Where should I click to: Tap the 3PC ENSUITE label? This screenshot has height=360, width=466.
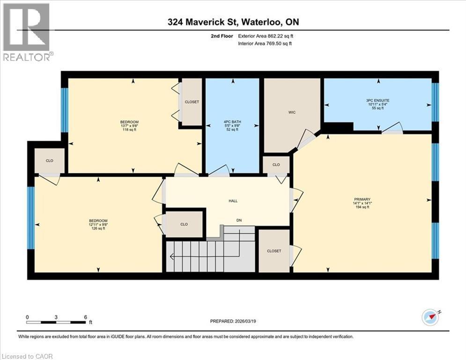pos(378,99)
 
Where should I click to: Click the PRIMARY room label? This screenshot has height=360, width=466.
pos(362,199)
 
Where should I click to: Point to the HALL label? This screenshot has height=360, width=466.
pos(233,201)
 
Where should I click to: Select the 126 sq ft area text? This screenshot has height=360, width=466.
pos(98,229)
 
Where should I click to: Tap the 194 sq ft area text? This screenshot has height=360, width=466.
pos(362,207)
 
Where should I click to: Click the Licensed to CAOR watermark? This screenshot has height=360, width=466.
pos(28,356)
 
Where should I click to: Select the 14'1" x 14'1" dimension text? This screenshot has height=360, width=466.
pos(362,203)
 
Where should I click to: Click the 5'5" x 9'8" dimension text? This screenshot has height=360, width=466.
pos(232,125)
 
